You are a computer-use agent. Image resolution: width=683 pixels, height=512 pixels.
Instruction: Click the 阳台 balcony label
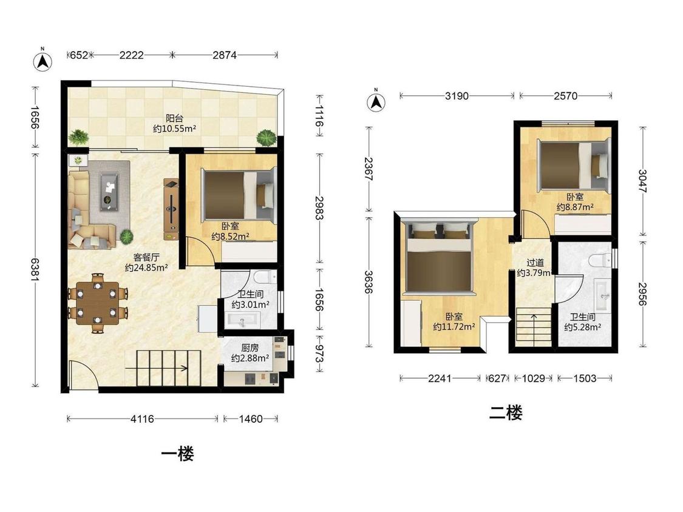point(174,118)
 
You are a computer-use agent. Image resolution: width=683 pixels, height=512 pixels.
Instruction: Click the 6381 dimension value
point(35,269)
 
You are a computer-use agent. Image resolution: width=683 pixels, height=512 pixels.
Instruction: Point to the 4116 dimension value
point(143,419)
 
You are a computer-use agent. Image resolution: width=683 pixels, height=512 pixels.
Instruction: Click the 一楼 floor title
point(177,454)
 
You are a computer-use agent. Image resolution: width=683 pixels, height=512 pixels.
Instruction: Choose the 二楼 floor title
point(505,413)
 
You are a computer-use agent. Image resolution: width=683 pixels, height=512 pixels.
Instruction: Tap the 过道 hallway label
point(535,263)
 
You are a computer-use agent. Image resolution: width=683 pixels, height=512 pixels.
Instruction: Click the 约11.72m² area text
point(454,326)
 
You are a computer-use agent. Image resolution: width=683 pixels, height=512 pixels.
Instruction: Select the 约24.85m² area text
point(146,268)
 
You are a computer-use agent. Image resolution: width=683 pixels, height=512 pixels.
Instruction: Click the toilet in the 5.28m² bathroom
point(600,260)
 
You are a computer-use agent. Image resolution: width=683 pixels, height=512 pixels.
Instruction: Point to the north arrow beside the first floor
point(42,61)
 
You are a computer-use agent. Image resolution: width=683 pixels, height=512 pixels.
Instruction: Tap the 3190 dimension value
point(457,96)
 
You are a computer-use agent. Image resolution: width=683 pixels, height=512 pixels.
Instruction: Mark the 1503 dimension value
point(585,379)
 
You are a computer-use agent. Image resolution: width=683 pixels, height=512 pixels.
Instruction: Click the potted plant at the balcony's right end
point(266,138)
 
